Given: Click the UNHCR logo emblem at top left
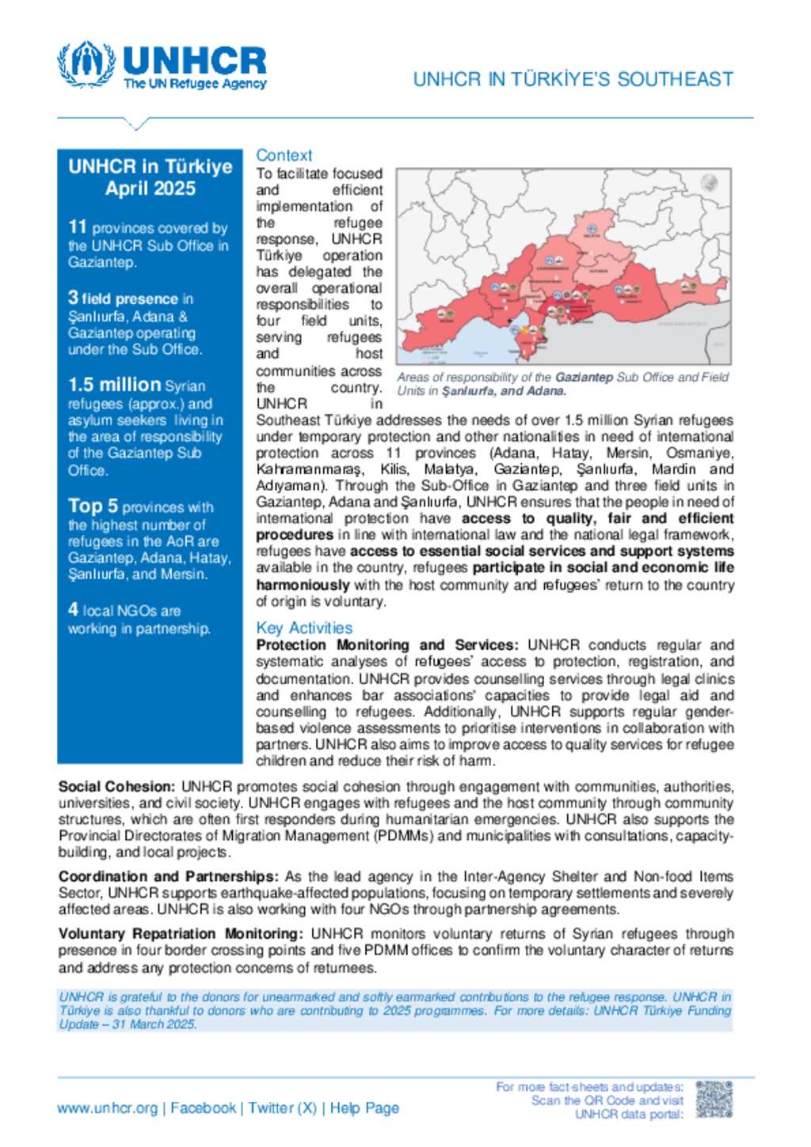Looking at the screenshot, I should tap(86, 64).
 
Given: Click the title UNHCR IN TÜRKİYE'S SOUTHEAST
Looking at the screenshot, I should tap(573, 79).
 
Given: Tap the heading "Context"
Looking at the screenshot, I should tap(284, 155).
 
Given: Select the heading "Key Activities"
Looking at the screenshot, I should tap(304, 628).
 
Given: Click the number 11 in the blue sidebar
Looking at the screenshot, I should tap(77, 227).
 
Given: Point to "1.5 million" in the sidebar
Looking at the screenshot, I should tap(114, 385).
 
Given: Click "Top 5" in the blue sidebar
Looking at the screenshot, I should tap(93, 506).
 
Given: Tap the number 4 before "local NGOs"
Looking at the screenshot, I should tap(73, 610).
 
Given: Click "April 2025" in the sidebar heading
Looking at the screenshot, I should tap(150, 188).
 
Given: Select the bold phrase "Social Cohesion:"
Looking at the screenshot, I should tap(116, 787).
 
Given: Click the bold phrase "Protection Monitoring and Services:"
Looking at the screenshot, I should tap(386, 645).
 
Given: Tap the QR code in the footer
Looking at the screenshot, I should tap(714, 1100).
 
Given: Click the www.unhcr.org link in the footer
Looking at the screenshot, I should tap(107, 1108).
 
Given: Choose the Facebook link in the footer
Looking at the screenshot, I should tap(203, 1108).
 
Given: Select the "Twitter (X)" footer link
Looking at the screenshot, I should tap(282, 1108).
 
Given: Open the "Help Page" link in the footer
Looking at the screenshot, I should tap(364, 1108).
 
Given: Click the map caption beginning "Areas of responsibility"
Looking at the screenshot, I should tap(562, 384).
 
